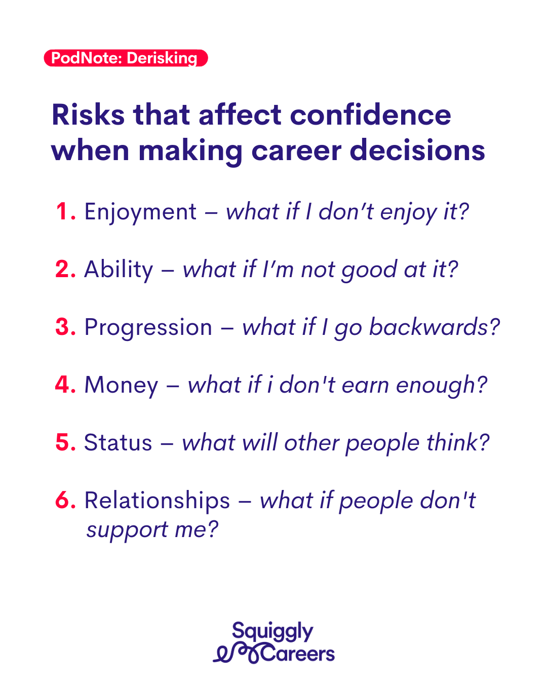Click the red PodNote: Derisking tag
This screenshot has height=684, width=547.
(126, 58)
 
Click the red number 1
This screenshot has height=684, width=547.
(66, 211)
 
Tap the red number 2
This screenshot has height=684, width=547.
(65, 269)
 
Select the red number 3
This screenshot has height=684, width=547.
(65, 327)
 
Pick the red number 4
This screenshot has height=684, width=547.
(65, 385)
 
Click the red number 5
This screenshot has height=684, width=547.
(65, 442)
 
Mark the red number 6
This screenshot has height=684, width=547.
(65, 500)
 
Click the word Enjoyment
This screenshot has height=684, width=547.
(140, 212)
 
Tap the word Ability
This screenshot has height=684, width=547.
(119, 270)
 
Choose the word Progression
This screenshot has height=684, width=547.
(148, 328)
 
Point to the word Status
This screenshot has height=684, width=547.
(118, 442)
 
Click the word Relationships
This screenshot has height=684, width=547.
(157, 501)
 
